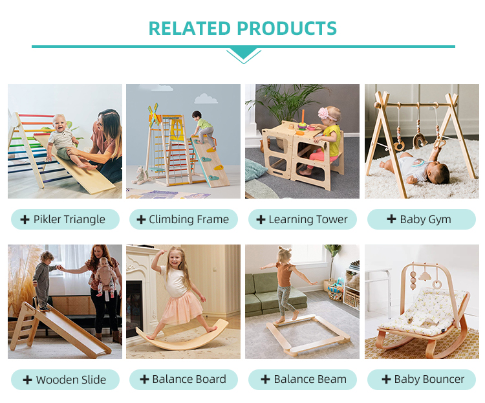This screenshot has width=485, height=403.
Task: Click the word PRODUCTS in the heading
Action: click(x=286, y=29)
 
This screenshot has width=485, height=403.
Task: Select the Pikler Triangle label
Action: click(x=65, y=219)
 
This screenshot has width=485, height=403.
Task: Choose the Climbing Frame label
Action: click(x=184, y=219)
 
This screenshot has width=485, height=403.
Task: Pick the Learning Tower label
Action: click(x=302, y=219)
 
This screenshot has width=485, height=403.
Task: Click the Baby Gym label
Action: click(x=421, y=219)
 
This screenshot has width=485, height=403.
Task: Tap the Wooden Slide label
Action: click(x=65, y=380)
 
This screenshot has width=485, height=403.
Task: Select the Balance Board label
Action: click(x=184, y=380)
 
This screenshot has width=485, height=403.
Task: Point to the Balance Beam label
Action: click(x=302, y=380)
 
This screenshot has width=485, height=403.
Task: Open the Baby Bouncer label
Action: click(x=421, y=380)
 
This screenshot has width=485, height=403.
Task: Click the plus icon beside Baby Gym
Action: click(x=391, y=219)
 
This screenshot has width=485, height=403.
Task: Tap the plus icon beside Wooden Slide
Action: click(x=27, y=380)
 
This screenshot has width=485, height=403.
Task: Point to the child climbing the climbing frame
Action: click(x=202, y=129)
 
